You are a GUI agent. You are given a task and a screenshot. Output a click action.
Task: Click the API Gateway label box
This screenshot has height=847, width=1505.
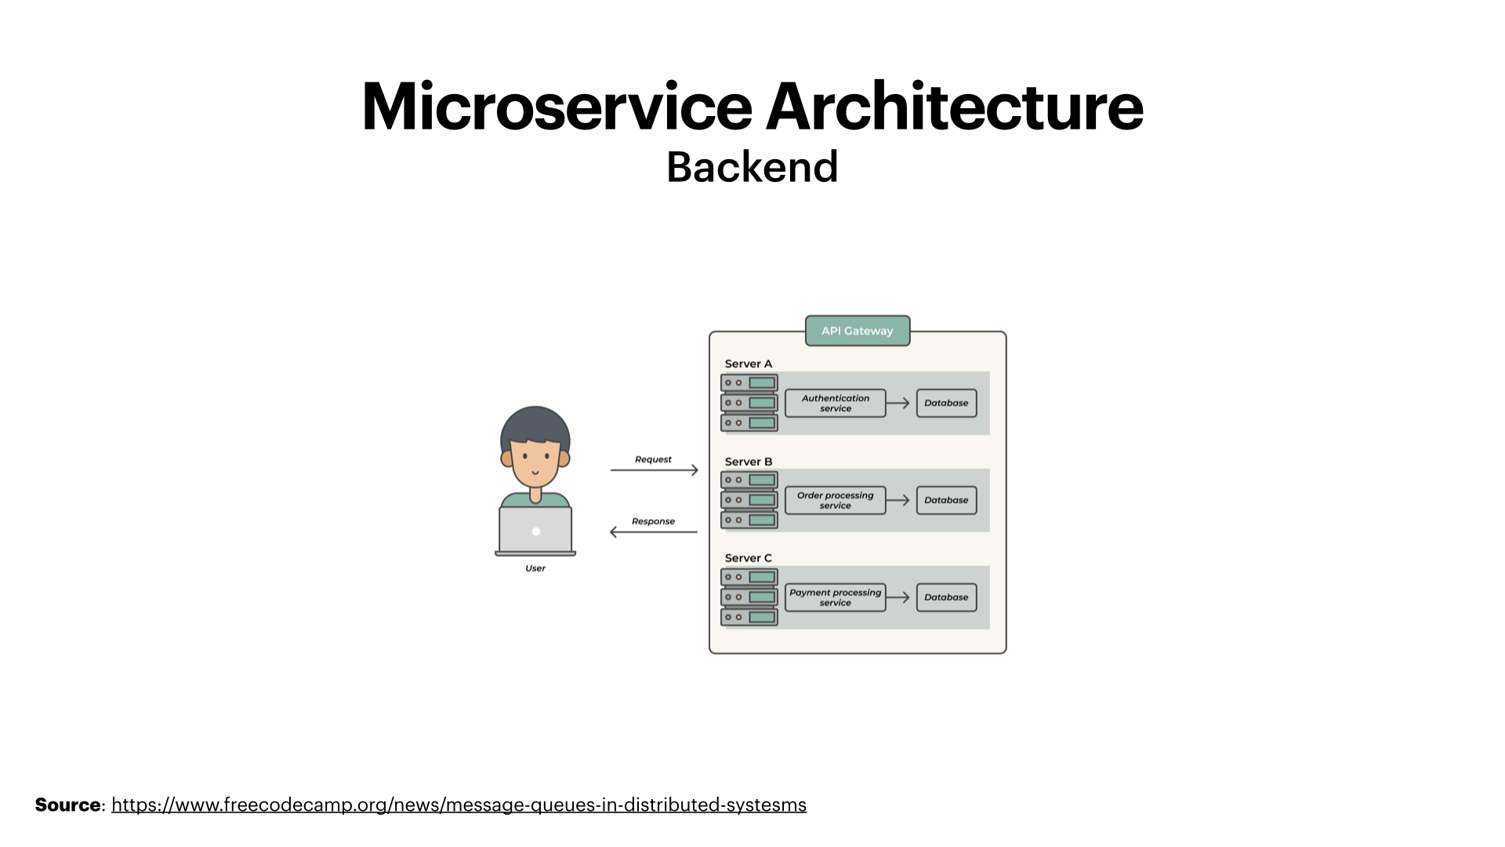(858, 331)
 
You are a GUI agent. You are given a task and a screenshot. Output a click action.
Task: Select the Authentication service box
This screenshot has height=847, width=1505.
(835, 403)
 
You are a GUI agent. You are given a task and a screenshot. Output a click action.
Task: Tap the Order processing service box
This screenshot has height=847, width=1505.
(835, 500)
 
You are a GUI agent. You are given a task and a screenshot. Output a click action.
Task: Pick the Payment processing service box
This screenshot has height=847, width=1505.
(835, 598)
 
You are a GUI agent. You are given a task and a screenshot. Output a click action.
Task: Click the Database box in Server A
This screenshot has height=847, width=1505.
(946, 403)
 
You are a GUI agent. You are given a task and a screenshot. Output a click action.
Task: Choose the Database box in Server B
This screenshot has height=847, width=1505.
(946, 500)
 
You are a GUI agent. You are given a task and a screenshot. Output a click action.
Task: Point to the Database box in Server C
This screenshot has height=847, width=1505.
(946, 598)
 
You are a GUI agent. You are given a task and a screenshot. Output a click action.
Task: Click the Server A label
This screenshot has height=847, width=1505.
(748, 364)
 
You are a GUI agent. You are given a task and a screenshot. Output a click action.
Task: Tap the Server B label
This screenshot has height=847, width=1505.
(748, 462)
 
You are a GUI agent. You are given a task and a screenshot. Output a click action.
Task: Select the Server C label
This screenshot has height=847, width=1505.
(748, 558)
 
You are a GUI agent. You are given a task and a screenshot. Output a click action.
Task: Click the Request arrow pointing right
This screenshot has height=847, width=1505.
(654, 471)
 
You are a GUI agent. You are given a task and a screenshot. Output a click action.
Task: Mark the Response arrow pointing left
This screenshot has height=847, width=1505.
(654, 532)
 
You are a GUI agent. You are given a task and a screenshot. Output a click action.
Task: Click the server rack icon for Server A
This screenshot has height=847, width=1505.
(749, 403)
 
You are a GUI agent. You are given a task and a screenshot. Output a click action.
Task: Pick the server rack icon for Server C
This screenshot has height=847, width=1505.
(749, 598)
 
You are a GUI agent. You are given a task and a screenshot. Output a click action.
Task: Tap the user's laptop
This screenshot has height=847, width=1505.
(535, 531)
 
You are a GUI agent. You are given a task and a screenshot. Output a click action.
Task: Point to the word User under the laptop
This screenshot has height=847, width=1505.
(535, 569)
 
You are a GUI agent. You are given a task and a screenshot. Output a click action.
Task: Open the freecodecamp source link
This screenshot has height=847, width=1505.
(459, 805)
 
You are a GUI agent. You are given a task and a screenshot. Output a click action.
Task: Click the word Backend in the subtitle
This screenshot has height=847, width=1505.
(752, 167)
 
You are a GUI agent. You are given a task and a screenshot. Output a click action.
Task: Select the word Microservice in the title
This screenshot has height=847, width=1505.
(557, 107)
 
